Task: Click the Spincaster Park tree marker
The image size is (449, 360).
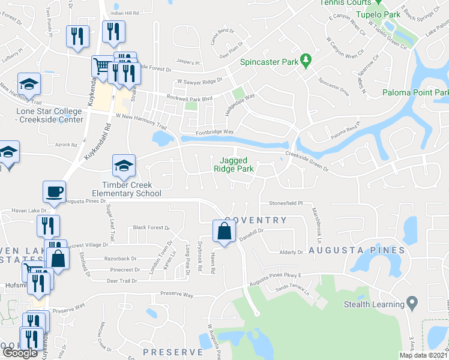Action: coord(306,61)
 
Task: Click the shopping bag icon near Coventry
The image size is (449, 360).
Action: coord(224,231)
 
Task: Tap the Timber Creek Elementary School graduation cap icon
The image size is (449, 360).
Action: coord(124,166)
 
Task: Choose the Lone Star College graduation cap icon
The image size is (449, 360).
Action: coord(28,84)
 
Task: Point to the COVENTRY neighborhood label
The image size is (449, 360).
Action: coord(256,220)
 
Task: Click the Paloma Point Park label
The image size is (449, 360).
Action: coord(415,92)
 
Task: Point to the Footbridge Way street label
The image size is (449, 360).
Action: coord(214,131)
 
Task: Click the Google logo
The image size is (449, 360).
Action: coord(20,353)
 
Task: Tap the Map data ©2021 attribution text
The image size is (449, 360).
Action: coord(423,355)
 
